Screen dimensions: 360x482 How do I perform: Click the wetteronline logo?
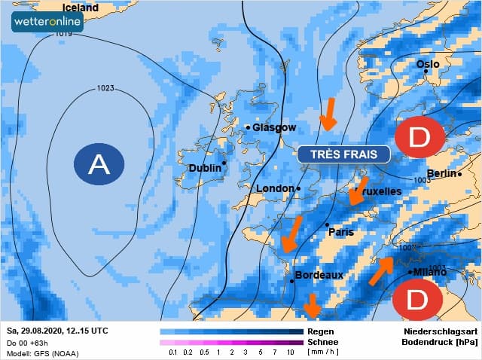(47, 21)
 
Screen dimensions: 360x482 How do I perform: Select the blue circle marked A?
(99, 163)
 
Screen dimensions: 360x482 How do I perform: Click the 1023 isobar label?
(105, 89)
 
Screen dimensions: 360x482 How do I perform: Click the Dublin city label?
(206, 167)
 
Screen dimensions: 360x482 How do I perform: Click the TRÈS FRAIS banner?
(343, 154)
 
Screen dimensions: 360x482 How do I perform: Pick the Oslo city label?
(428, 65)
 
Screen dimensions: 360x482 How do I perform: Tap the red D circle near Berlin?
(419, 137)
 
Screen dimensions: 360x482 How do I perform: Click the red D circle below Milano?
(416, 301)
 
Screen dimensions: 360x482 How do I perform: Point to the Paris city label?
(340, 232)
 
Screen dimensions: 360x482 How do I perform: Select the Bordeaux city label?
(319, 275)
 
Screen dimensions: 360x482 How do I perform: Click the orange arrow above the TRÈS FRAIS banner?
(328, 114)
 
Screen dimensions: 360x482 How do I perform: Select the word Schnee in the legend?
(322, 341)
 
